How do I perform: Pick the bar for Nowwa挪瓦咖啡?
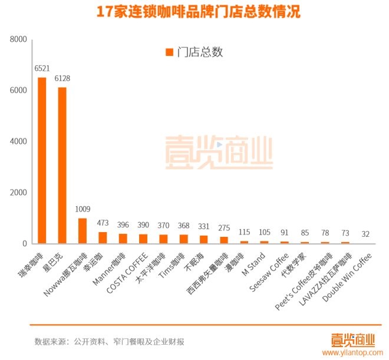[x=83, y=230]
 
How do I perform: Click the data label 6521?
[x=42, y=69]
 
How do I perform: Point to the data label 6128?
[x=62, y=78]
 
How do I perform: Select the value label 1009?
[x=83, y=209]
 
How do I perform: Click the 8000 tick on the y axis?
[x=19, y=39]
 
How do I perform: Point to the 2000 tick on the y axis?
[x=19, y=193]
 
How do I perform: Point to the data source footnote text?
[x=110, y=342]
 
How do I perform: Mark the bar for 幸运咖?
[x=103, y=237]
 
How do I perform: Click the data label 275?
[x=224, y=228]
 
